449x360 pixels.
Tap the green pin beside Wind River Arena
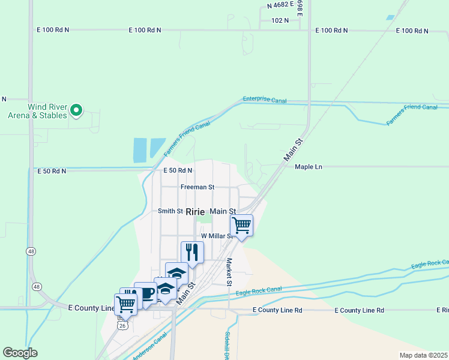coord(76,110)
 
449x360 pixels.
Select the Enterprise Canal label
coord(265,100)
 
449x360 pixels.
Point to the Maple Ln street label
coord(309,166)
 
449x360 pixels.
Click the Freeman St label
coord(197,187)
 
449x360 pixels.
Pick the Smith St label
coord(170,211)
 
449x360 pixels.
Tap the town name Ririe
coord(196,212)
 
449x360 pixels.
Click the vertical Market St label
coord(229,272)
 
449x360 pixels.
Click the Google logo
coord(20,353)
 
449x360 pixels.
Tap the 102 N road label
coord(280,20)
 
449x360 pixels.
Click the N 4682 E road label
coord(280,4)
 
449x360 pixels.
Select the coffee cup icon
coord(145,293)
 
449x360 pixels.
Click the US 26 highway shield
coord(122,325)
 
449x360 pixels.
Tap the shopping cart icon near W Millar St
coord(241,225)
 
